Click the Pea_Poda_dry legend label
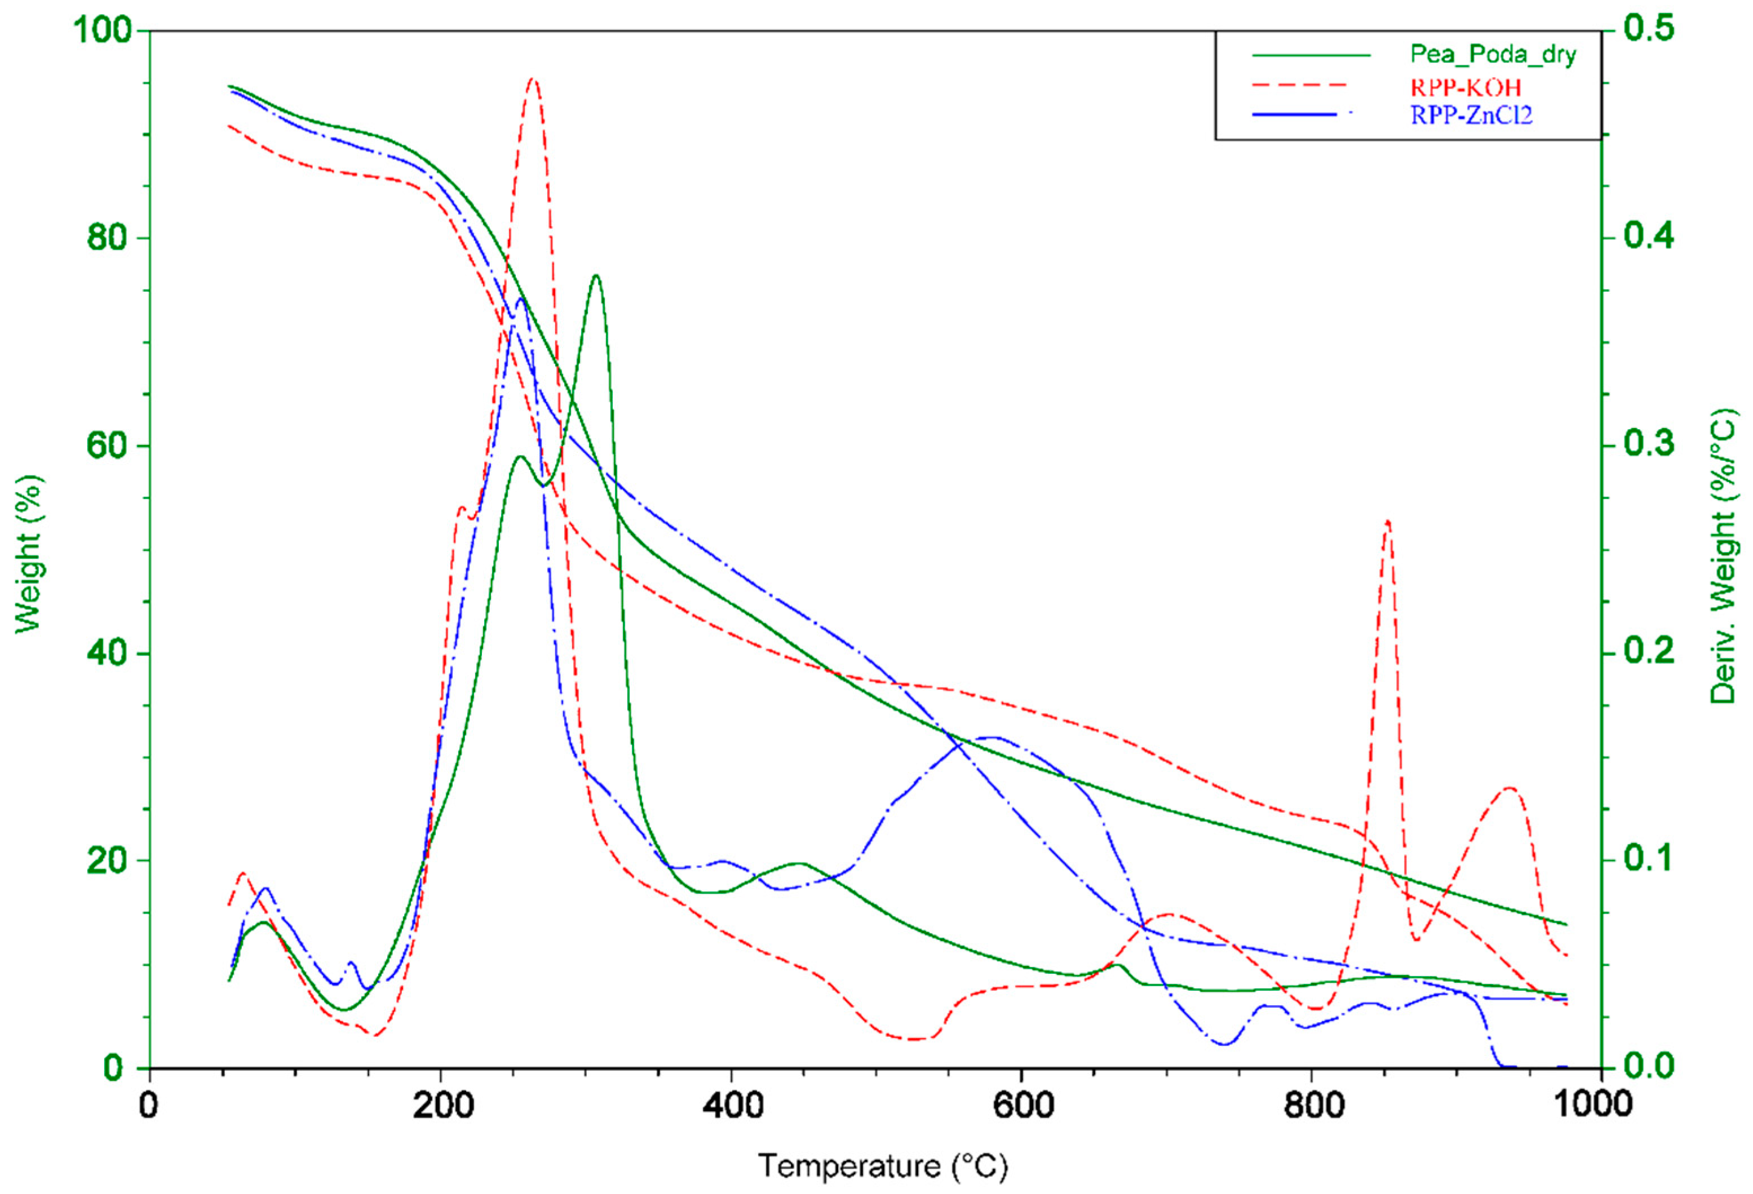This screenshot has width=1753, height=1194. coord(1493,55)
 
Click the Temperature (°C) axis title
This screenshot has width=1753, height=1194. coord(883,1166)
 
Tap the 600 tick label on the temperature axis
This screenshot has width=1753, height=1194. coord(1022,1106)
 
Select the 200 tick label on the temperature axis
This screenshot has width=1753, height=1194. coord(444,1106)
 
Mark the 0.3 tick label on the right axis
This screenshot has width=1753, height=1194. coord(1648,445)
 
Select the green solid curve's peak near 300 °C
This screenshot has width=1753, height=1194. coord(596,276)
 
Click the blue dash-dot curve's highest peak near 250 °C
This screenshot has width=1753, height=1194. coord(520,299)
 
